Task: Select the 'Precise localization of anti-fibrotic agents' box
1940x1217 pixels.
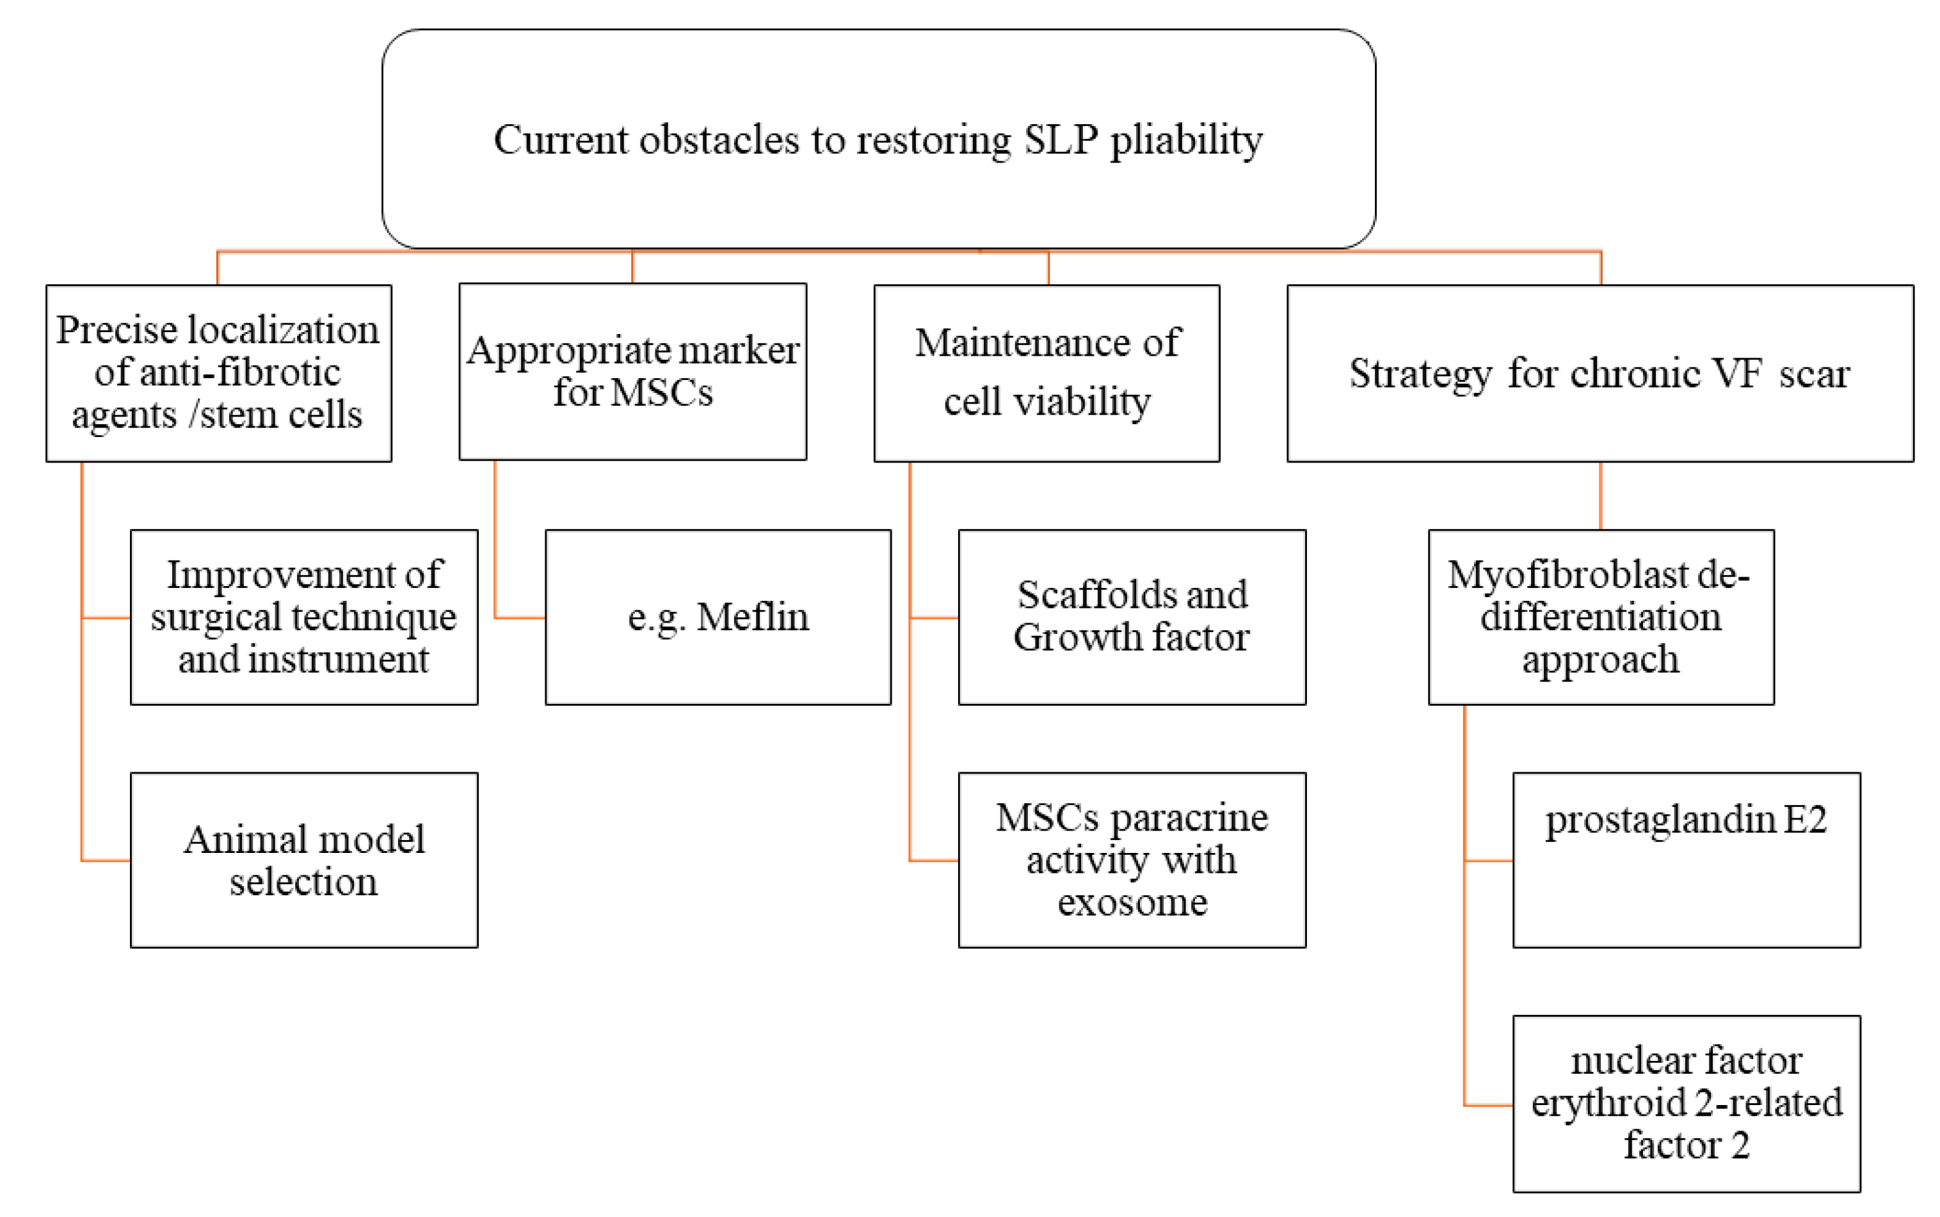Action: coord(218,372)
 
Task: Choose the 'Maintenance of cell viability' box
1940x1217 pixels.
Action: coord(1046,372)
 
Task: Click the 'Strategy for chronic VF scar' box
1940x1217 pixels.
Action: coord(1599,372)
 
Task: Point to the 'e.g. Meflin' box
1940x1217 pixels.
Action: coord(717,617)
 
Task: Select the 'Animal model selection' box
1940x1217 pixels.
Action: coord(303,859)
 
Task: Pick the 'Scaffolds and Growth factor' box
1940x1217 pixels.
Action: coord(1131,617)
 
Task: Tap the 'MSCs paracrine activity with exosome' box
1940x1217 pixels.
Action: coord(1131,859)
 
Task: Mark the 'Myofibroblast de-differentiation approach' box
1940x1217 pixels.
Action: coord(1599,617)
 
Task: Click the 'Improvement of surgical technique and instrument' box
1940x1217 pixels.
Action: coord(303,617)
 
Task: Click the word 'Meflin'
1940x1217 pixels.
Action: coord(752,617)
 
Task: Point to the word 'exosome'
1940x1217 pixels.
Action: coord(1132,902)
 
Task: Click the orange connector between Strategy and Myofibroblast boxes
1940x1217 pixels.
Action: coord(1599,495)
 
